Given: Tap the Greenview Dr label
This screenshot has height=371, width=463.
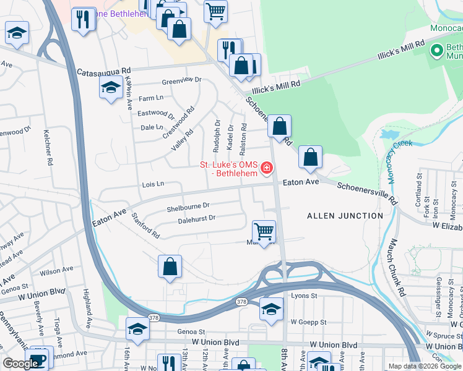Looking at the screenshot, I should (x=182, y=80).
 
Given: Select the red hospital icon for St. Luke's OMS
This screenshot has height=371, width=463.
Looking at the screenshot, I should (x=267, y=168).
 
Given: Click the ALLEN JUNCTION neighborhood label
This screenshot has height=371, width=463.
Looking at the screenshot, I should (x=345, y=215).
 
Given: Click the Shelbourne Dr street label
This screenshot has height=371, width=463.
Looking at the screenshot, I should (x=188, y=206).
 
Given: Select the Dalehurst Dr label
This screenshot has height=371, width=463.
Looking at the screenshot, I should (x=196, y=218).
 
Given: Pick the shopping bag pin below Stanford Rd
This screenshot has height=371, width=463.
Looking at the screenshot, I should (x=170, y=267).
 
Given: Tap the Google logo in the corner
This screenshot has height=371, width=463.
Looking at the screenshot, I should (x=20, y=364).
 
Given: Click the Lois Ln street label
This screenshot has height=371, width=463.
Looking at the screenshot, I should (x=153, y=184).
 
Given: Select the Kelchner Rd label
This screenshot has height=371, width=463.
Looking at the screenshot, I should (x=47, y=147).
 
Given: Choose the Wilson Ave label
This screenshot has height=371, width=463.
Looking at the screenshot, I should (x=56, y=271).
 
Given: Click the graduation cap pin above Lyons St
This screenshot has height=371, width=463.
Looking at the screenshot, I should (x=270, y=309).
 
